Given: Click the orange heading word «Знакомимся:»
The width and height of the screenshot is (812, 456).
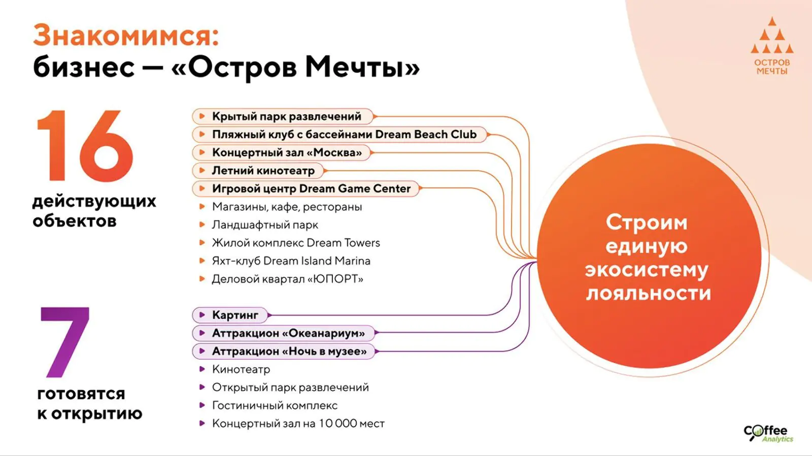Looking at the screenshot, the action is click(x=126, y=36).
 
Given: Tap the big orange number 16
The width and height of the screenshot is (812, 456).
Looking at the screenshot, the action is click(x=86, y=145).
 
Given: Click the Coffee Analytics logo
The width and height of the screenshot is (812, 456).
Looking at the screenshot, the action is click(x=768, y=433).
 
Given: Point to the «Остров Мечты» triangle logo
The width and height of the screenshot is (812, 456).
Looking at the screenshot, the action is click(x=772, y=46).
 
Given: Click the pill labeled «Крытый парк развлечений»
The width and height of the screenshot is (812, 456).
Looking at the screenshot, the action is click(x=283, y=116).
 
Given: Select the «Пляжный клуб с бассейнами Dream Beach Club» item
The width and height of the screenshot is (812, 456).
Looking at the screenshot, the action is click(x=340, y=135).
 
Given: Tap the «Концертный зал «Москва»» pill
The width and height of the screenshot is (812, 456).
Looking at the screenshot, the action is click(x=282, y=153).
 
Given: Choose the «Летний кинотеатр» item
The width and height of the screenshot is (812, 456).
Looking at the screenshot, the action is click(x=258, y=171).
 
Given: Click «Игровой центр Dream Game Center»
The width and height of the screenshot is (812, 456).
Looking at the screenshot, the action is click(x=306, y=188).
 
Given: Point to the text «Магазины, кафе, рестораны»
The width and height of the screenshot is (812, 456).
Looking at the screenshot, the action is click(x=287, y=207).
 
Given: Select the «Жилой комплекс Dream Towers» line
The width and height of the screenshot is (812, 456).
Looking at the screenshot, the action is click(x=296, y=243).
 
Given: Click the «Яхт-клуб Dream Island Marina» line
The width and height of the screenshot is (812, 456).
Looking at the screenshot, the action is click(x=291, y=261).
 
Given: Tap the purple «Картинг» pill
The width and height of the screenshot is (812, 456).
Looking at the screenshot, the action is click(x=230, y=315).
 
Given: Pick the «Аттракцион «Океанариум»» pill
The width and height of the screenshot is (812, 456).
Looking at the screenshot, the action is click(x=284, y=333).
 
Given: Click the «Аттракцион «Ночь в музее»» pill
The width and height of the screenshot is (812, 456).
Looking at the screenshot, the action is click(x=284, y=351).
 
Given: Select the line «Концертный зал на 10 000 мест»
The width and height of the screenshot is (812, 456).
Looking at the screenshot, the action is click(x=298, y=424).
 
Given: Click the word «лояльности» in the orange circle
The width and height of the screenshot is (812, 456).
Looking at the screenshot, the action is click(x=648, y=293).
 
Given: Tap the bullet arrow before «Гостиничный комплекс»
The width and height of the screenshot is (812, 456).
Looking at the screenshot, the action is click(x=202, y=405).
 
